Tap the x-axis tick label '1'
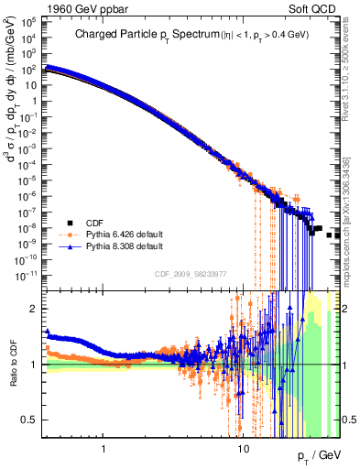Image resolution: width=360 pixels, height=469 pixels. pyautogui.click(x=104, y=449)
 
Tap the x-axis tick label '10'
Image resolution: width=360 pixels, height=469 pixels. pyautogui.click(x=243, y=449)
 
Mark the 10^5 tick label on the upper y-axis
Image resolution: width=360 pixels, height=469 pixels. pyautogui.click(x=30, y=26)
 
